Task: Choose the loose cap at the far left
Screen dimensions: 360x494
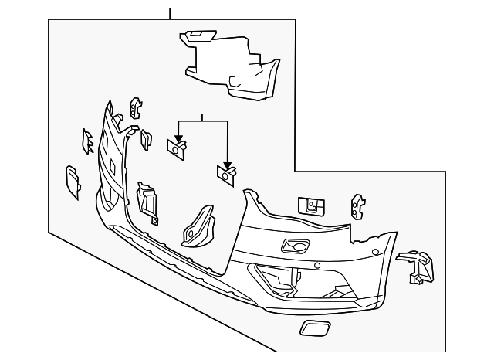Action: point(72,182)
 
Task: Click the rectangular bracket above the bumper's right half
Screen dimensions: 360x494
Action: point(311,205)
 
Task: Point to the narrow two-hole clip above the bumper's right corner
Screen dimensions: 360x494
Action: point(357,205)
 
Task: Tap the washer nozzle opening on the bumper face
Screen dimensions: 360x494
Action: point(294,246)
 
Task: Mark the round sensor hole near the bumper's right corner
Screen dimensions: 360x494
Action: point(374,253)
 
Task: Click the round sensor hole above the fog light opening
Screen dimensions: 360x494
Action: point(316,265)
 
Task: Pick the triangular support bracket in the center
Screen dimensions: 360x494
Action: point(199,225)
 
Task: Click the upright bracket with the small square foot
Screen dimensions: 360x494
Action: point(147,203)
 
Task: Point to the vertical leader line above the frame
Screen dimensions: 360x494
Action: point(169,12)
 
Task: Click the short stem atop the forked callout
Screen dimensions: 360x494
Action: point(202,117)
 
